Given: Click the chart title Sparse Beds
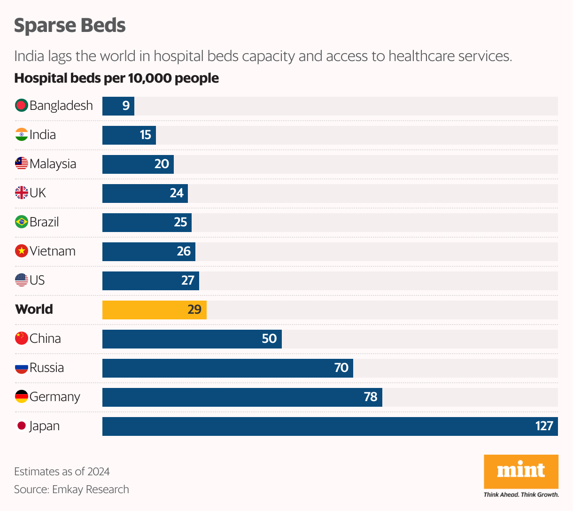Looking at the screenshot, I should coord(70,25).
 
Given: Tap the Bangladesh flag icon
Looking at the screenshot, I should coord(22,105).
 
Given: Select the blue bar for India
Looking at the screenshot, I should coord(129,135).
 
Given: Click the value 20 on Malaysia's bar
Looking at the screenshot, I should coord(162,164).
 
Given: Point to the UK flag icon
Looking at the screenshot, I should coord(22,193).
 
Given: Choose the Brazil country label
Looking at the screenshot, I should coord(44,222).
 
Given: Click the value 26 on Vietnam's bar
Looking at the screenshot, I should coord(184,251).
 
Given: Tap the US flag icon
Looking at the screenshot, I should coord(22,280).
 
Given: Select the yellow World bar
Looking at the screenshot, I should coord(154,310).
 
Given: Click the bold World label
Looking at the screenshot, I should coord(34,309).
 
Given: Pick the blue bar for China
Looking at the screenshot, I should coord(192,339).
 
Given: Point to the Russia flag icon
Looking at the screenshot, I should coord(22,367).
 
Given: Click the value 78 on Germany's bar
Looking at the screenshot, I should coord(370,397).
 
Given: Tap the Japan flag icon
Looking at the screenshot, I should coord(22,426).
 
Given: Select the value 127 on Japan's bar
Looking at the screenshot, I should coord(544,426).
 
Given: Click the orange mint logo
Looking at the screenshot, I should coord(521,471).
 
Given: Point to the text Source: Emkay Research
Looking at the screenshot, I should coord(71,489).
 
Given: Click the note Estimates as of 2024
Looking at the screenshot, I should coord(62,472).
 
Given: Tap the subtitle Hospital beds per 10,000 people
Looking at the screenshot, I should coord(116,78).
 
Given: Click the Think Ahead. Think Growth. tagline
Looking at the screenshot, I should coord(521,495).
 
